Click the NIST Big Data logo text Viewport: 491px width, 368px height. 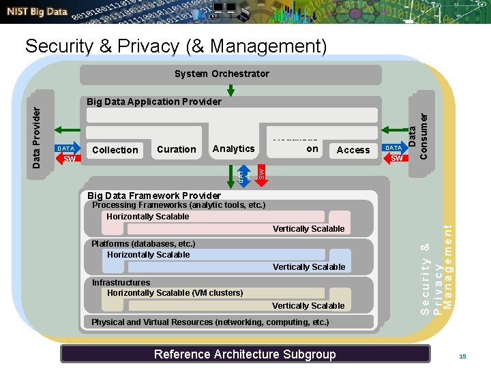pos(38,12)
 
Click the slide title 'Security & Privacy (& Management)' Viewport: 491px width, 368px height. pos(176,46)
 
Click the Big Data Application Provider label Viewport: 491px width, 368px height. pos(153,102)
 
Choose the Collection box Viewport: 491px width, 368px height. pos(115,150)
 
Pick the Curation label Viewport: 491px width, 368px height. pos(176,149)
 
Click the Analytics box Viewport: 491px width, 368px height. pos(233,149)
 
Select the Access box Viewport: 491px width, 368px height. pos(353,150)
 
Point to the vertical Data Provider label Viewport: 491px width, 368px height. pos(38,132)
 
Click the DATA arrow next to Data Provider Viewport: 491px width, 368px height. pos(65,148)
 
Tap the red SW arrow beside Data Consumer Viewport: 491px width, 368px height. pos(396,159)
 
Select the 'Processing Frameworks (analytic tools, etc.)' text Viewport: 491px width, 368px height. pos(178,204)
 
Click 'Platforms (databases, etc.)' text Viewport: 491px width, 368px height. pos(143,243)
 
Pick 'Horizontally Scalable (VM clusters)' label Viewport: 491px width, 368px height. pos(175,293)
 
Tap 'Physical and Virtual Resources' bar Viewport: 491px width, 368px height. pos(210,322)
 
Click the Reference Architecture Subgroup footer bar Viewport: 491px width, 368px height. pos(245,354)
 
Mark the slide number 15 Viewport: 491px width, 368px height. pos(462,356)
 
